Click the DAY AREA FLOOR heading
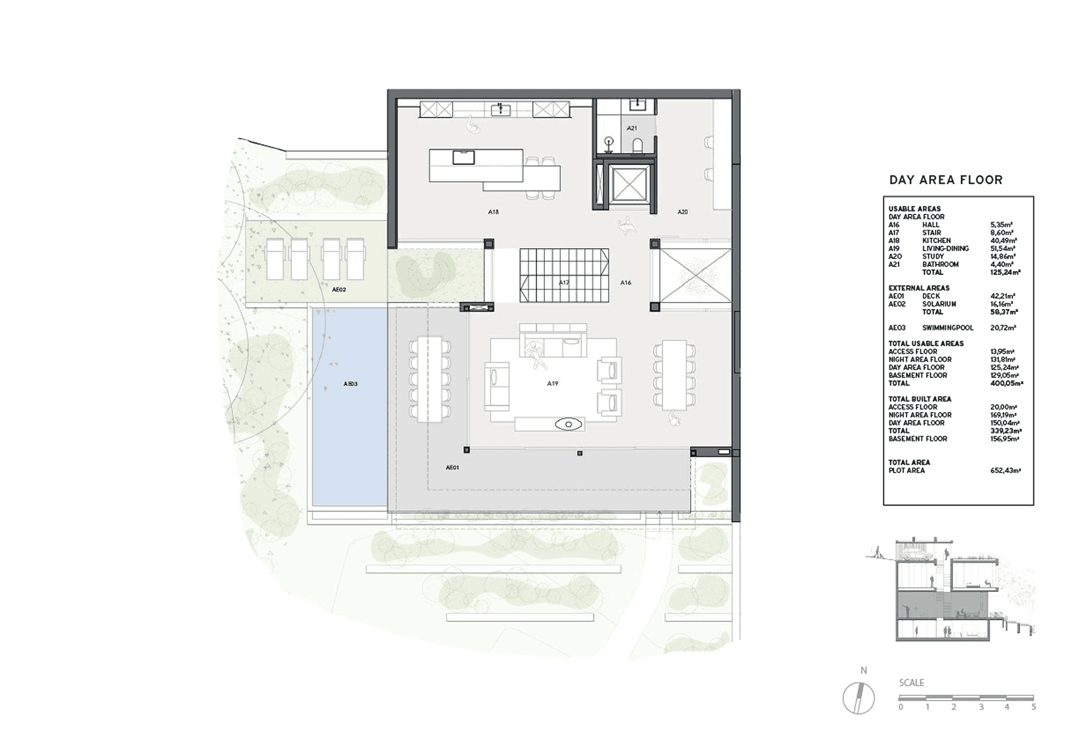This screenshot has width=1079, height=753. pos(945,180)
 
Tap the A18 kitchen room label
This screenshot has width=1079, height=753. pos(493,212)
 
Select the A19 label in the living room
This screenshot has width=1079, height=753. pos(553,383)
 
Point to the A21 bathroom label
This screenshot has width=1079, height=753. pos(632,128)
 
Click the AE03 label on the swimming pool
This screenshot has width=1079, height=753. pos(351,384)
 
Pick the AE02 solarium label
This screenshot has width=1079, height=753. pos(339,289)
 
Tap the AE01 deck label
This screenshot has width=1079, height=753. pos(453,467)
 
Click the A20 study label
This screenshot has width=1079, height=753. pos(683,212)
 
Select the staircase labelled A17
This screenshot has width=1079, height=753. pos(564,275)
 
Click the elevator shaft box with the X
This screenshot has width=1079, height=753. pos(629,185)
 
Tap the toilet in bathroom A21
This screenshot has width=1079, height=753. pos(638,145)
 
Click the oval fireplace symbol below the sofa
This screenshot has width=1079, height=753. pos(568,425)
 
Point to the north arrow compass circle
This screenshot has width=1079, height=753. pos(858,698)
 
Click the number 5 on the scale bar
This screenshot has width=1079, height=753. pos(1033,707)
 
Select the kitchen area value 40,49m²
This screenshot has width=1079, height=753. pos(1003,241)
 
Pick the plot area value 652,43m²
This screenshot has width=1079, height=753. pos(1006,471)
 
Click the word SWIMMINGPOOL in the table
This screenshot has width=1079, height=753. pos(948,328)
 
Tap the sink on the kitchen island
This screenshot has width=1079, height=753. pos(463,157)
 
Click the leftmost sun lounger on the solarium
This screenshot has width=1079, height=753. pos(274,259)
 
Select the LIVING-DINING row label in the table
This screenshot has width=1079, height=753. pos(945,249)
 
